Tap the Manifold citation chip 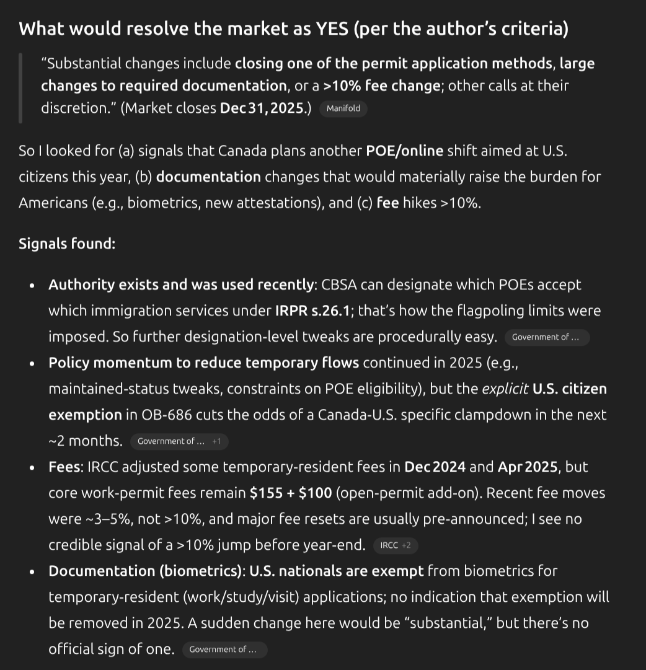coord(343,108)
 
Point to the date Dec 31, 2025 coord(265,108)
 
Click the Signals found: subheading coord(67,244)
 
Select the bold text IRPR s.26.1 coord(312,311)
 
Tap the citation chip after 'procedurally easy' coord(546,337)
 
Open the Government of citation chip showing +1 coord(179,441)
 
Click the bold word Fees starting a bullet coord(64,467)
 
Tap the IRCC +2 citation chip coord(396,545)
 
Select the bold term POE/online coord(405,151)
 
